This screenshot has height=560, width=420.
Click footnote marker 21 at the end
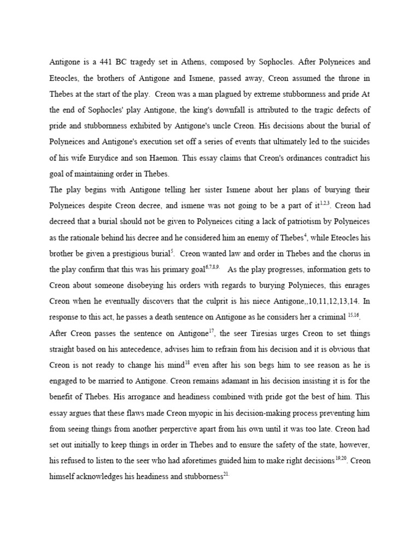226,472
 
